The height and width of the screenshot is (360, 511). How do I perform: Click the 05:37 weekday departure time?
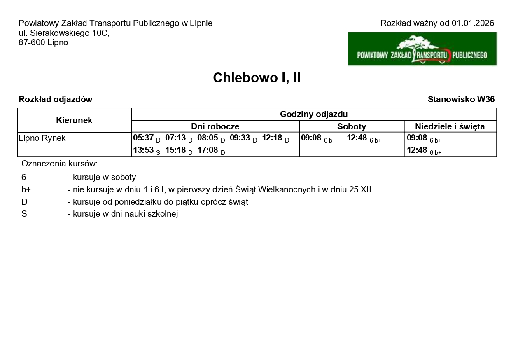coord(143,138)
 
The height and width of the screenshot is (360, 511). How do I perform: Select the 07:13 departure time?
coord(175,138)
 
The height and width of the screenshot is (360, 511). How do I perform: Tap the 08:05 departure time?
coord(208,138)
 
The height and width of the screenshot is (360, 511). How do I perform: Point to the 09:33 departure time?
coord(240,138)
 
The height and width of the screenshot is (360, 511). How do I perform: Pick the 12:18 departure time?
coord(272,138)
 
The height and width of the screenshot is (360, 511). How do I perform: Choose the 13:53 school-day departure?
coord(143,150)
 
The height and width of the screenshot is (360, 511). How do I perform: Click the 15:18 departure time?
coord(175,150)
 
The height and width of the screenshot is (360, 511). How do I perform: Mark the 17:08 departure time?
coord(208,150)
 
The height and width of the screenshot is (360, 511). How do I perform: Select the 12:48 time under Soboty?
coord(357,138)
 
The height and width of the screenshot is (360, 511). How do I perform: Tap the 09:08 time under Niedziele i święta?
coord(417,138)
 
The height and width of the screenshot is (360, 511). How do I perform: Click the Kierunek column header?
coord(74,120)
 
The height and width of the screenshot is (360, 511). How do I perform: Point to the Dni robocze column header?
coord(215,126)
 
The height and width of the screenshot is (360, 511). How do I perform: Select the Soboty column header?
coord(352,126)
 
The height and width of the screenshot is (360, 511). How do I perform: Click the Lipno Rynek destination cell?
coord(42,138)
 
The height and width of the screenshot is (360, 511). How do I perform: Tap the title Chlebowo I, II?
coord(257,78)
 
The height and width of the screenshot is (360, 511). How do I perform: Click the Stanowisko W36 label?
coord(461,99)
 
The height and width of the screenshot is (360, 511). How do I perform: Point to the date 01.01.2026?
coord(473,23)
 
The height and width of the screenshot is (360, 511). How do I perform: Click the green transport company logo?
coord(422,49)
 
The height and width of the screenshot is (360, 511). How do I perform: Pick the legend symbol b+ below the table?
coord(26,190)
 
